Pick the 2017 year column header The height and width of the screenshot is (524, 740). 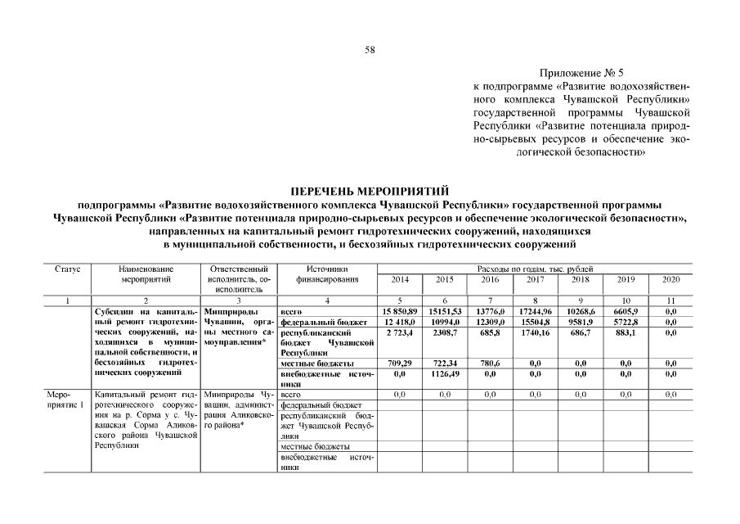coord(535,280)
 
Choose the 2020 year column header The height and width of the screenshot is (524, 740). coord(670,280)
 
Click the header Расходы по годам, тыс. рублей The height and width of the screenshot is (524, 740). coord(535,269)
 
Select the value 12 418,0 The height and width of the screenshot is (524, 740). coord(400,323)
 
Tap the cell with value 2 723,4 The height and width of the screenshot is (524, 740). coord(400,334)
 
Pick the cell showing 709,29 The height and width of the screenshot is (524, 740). coord(400,363)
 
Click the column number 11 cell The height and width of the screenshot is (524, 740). coord(670,301)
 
